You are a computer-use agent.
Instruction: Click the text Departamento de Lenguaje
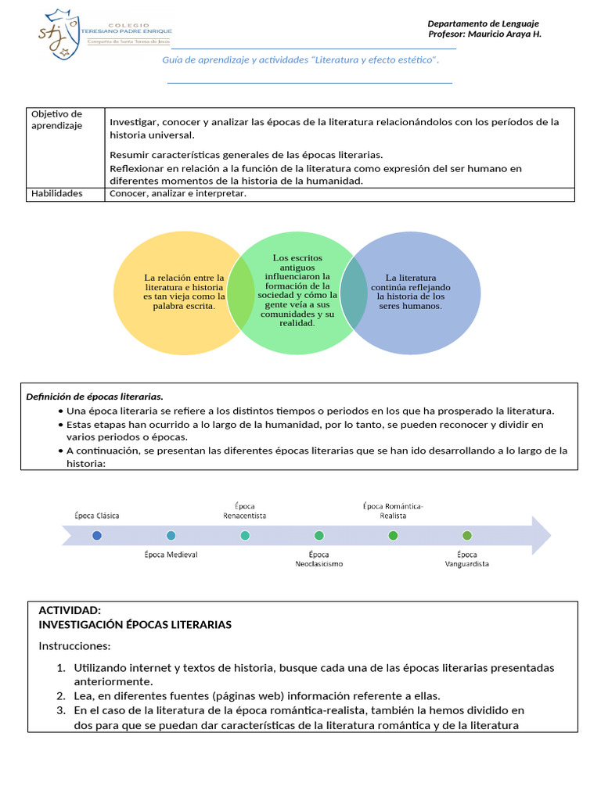483,23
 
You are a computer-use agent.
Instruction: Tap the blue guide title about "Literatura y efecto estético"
300,60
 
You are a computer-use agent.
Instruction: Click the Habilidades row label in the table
57,194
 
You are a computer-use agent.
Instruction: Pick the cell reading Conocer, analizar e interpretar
178,194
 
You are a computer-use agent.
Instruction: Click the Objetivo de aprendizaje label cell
56,120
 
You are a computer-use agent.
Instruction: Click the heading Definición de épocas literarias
95,397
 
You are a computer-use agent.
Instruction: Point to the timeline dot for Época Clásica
97,535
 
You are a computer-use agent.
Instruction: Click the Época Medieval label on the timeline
171,555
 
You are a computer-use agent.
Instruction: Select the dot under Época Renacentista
245,535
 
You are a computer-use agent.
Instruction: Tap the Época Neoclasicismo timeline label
318,559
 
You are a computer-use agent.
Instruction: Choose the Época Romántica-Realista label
393,511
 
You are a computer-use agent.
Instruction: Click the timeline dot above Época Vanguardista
466,535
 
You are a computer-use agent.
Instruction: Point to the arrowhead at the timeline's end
541,535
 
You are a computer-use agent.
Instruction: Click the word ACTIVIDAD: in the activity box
70,610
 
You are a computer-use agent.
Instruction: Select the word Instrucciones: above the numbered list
74,646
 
